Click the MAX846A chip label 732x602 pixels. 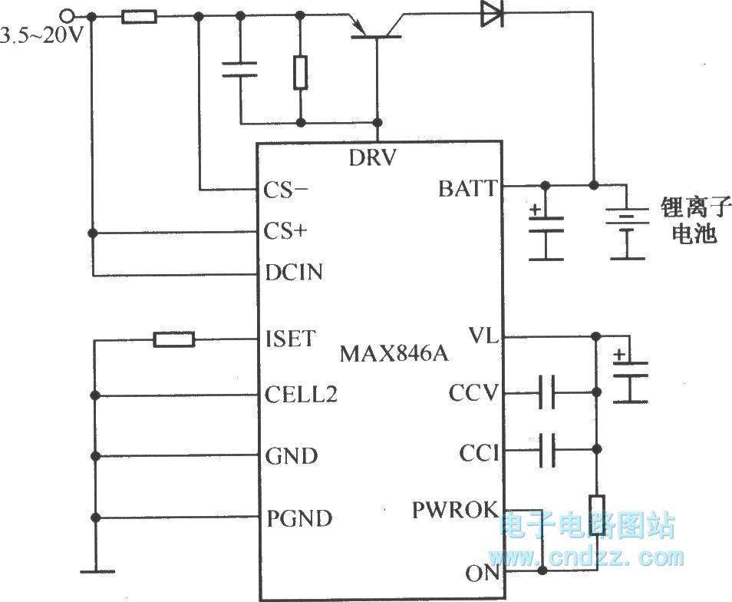[x=394, y=354]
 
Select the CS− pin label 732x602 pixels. [x=289, y=190]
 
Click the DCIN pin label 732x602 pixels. [x=294, y=272]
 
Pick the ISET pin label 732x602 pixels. [x=289, y=338]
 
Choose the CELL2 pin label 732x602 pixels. [x=301, y=395]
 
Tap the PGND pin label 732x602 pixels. [x=299, y=518]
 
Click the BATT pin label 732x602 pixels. [x=467, y=188]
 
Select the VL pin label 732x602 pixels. [x=484, y=336]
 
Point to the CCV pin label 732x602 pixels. [x=474, y=395]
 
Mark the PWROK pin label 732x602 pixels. [x=456, y=510]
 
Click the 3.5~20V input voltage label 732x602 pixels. [x=42, y=35]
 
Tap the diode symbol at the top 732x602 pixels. [x=491, y=13]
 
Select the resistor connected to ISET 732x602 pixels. [x=174, y=339]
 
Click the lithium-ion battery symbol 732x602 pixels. [x=627, y=223]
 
